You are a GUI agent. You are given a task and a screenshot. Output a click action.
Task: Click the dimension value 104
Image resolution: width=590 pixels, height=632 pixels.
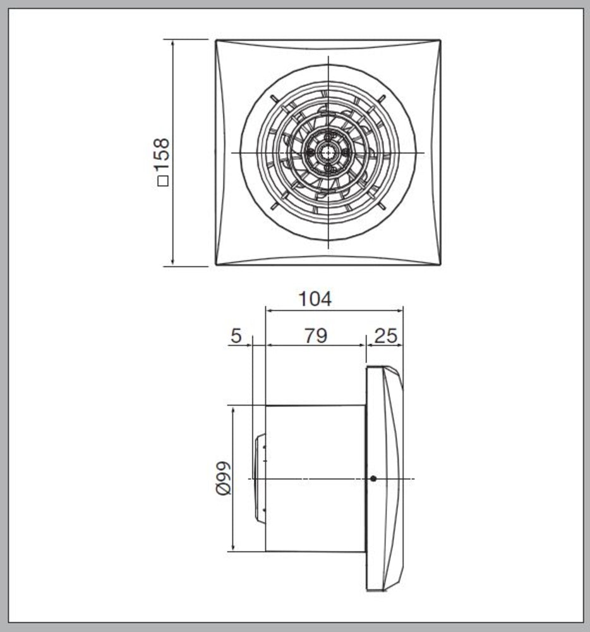[315, 299]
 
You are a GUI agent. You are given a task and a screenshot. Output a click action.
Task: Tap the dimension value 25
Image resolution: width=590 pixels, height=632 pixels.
[385, 336]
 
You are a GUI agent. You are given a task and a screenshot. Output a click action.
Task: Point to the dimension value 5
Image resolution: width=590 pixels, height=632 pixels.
[236, 336]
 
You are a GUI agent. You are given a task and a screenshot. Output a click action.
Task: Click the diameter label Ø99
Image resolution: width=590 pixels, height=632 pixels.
[224, 478]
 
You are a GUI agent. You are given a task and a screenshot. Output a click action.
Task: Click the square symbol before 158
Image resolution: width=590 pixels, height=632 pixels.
[163, 182]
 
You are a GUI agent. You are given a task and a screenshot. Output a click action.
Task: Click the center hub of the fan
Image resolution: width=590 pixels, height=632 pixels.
[328, 152]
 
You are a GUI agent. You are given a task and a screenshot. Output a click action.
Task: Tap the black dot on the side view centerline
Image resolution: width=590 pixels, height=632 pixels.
[373, 478]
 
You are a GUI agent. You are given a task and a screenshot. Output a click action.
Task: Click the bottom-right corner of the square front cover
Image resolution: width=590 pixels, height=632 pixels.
[440, 264]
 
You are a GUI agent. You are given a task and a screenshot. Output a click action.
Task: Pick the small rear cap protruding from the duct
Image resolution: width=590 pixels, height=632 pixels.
[259, 478]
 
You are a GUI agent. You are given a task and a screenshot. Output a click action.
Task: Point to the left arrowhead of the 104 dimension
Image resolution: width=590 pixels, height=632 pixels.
[268, 310]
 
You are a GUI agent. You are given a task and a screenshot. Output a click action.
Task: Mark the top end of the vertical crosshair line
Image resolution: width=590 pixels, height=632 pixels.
[328, 58]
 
